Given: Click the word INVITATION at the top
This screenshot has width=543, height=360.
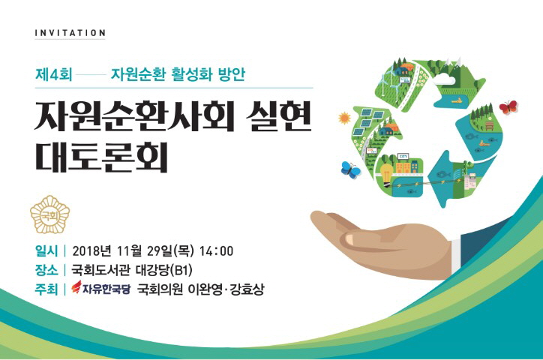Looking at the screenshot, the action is pyautogui.click(x=70, y=33).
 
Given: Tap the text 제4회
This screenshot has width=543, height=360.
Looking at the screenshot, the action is pyautogui.click(x=54, y=74).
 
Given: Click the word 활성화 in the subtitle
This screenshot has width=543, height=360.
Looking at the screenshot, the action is pyautogui.click(x=192, y=74).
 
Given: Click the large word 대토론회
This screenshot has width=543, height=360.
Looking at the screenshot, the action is pyautogui.click(x=101, y=156).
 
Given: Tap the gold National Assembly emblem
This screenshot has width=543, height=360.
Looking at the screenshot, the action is pyautogui.click(x=49, y=215).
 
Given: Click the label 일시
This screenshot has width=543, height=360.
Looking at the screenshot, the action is pyautogui.click(x=46, y=250).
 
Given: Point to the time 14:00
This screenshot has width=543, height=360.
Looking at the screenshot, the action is pyautogui.click(x=216, y=251).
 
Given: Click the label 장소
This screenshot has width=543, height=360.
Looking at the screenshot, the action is pyautogui.click(x=46, y=270).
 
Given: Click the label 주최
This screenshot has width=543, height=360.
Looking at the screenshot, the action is pyautogui.click(x=46, y=289).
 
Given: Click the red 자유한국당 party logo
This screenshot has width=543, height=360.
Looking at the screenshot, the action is pyautogui.click(x=100, y=288).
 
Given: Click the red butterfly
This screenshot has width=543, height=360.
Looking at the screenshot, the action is pyautogui.click(x=508, y=106).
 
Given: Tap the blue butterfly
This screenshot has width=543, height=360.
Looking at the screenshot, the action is pyautogui.click(x=350, y=169).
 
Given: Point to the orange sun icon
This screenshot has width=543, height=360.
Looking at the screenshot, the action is pyautogui.click(x=344, y=118).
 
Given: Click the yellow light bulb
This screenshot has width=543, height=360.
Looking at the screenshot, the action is pyautogui.click(x=386, y=173).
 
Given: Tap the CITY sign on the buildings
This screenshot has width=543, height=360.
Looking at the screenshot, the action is pyautogui.click(x=403, y=157).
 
